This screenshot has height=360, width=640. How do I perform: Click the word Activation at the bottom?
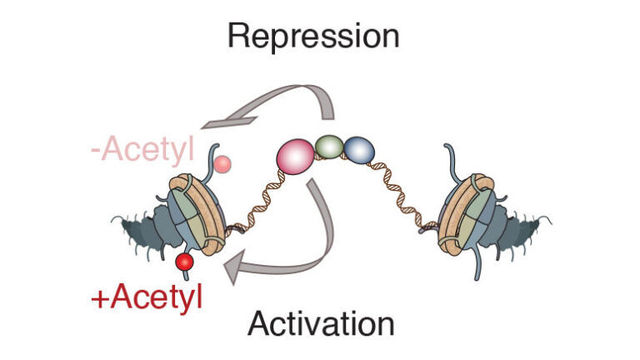click(320, 323)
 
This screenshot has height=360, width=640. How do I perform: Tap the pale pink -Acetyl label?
click(143, 151)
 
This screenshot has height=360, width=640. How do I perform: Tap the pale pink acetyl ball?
click(221, 164)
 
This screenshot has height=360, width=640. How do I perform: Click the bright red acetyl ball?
click(184, 263)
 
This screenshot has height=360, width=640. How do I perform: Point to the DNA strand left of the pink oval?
click(253, 197)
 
